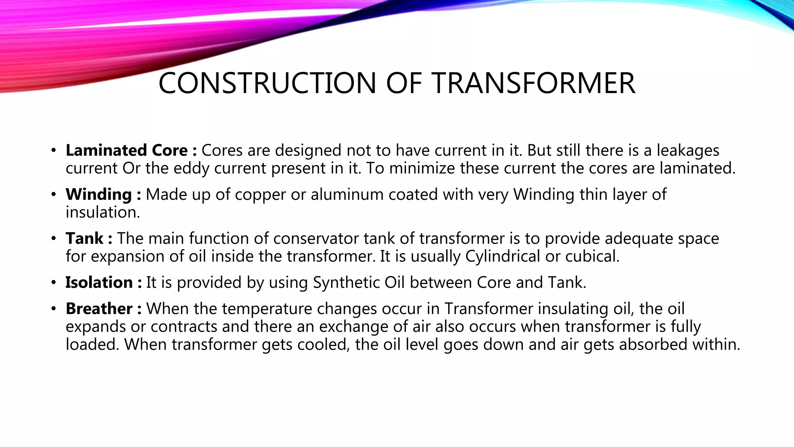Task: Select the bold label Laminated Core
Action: click(x=127, y=151)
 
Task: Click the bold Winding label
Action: click(x=99, y=194)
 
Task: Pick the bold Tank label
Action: click(x=85, y=238)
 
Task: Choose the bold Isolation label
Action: click(x=99, y=282)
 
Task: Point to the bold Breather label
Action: click(x=99, y=309)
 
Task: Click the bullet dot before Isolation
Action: click(x=54, y=283)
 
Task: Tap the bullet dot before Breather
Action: click(x=54, y=309)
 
